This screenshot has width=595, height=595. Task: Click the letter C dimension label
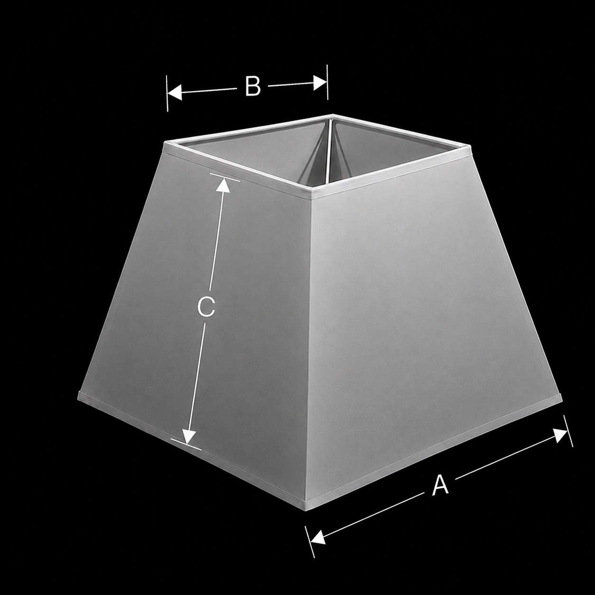pyautogui.click(x=206, y=307)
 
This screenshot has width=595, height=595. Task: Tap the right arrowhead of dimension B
pyautogui.click(x=320, y=83)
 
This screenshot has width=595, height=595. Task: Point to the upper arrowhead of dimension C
pyautogui.click(x=223, y=186)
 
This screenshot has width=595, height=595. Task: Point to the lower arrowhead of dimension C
pyautogui.click(x=188, y=437)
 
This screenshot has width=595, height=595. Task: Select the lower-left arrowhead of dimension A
pyautogui.click(x=318, y=538)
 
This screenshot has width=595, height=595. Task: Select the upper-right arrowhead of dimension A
pyautogui.click(x=560, y=436)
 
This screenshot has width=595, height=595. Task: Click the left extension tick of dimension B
pyautogui.click(x=167, y=93)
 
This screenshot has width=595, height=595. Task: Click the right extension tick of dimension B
pyautogui.click(x=327, y=82)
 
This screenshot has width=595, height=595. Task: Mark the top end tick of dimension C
pyautogui.click(x=225, y=177)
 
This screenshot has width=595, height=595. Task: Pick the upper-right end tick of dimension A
pyautogui.click(x=568, y=431)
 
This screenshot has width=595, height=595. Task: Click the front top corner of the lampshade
pyautogui.click(x=311, y=195)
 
